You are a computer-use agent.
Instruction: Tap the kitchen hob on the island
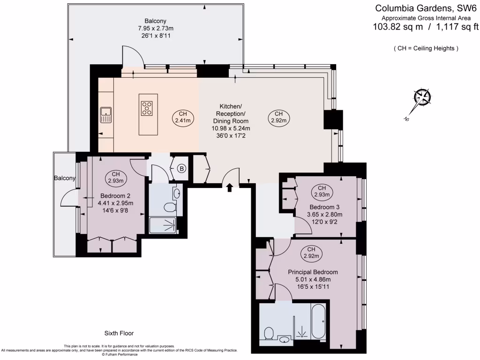[x=147, y=108]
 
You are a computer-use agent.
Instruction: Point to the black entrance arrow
[x=229, y=187]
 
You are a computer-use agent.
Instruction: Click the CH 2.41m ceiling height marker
[x=183, y=117]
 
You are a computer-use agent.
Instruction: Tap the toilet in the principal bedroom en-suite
[x=269, y=334]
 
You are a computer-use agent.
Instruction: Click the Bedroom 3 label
[x=324, y=207]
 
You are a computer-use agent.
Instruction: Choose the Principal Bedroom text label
[x=313, y=272]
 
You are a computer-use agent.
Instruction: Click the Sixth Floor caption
[x=120, y=333]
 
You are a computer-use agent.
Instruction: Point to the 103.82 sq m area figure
[x=397, y=27]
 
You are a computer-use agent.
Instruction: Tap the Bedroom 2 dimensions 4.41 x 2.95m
[x=115, y=203]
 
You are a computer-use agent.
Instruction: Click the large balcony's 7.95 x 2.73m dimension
[x=156, y=28]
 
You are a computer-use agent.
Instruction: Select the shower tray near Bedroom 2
[x=163, y=225]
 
